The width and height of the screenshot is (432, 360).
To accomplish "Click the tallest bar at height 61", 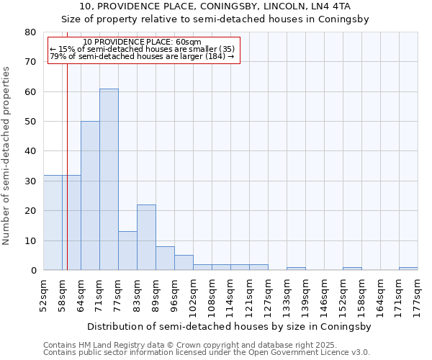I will coord(109,179).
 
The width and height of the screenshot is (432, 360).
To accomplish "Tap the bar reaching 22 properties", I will coord(146,238).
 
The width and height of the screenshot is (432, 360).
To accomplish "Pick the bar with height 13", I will coord(127,251).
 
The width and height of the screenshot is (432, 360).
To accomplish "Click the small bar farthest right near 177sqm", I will coord(408,269).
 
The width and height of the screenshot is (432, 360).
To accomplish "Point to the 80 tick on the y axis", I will coord(30,32).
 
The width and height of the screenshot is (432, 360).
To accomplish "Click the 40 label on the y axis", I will coord(30,151).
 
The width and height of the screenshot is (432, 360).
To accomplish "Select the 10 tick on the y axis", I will coord(30,240).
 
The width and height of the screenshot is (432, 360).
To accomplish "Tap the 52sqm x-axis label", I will coord(43,293).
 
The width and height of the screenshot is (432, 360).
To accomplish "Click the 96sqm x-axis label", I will coord(174,293).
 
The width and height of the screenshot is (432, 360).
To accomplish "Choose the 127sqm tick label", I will coord(268,293).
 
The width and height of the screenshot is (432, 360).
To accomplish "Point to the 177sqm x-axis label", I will coord(418,293).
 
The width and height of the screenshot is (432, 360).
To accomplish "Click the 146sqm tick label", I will coord(324,293).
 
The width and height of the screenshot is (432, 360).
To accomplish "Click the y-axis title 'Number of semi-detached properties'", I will coord(7,155).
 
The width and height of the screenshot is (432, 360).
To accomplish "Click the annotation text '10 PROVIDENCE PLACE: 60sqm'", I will coord(143,42).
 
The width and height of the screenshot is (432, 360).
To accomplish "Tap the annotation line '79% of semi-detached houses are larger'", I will coord(143,56).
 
